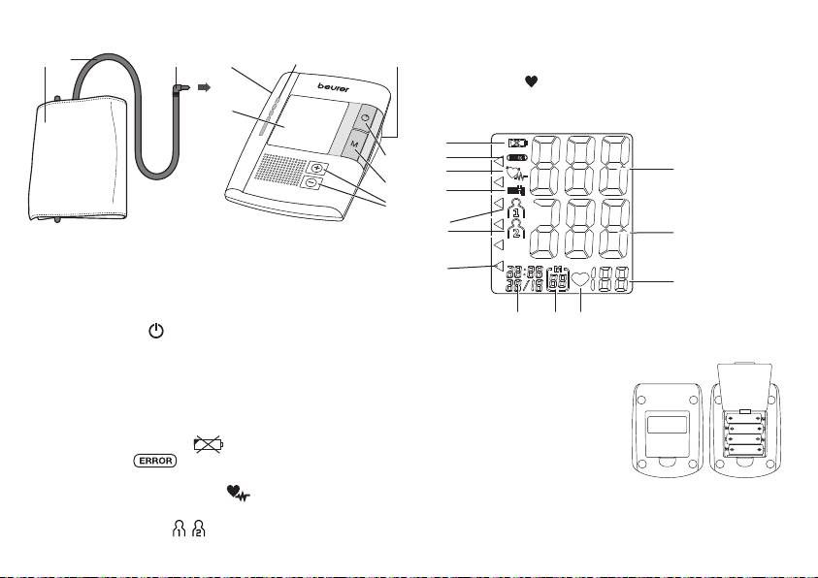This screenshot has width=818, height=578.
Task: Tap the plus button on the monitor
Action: coord(316,169)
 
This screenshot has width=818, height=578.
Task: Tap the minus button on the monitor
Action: coord(310,182)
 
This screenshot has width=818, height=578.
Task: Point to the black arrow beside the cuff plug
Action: coord(205,87)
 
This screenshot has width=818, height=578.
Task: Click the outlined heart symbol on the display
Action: coord(580,281)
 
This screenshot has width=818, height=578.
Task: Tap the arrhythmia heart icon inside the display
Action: coord(517,176)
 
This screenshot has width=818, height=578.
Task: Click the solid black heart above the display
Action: coord(531,84)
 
